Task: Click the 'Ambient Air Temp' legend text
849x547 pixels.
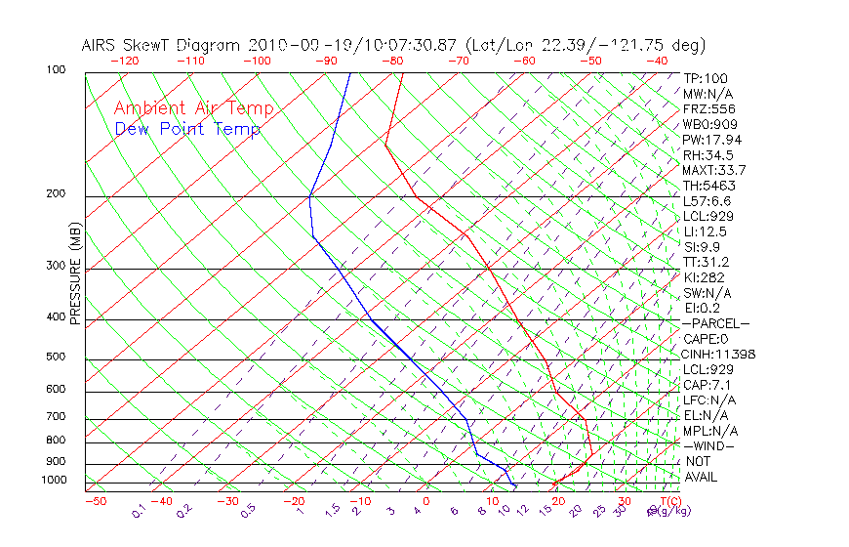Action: tap(193, 108)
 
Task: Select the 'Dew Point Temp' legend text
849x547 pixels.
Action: tap(186, 129)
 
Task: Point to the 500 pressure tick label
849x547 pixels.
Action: tap(55, 357)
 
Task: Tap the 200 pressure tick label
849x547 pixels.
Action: tap(55, 193)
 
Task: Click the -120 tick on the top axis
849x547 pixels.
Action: tap(124, 61)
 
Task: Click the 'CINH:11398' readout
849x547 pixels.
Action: tap(719, 354)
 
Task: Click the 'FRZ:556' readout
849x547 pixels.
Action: tap(708, 108)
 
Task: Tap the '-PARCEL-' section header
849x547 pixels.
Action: tap(715, 323)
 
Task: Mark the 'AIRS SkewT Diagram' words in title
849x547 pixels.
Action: tap(162, 45)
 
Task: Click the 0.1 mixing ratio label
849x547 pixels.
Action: tap(139, 511)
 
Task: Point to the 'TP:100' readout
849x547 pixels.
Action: tap(705, 78)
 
